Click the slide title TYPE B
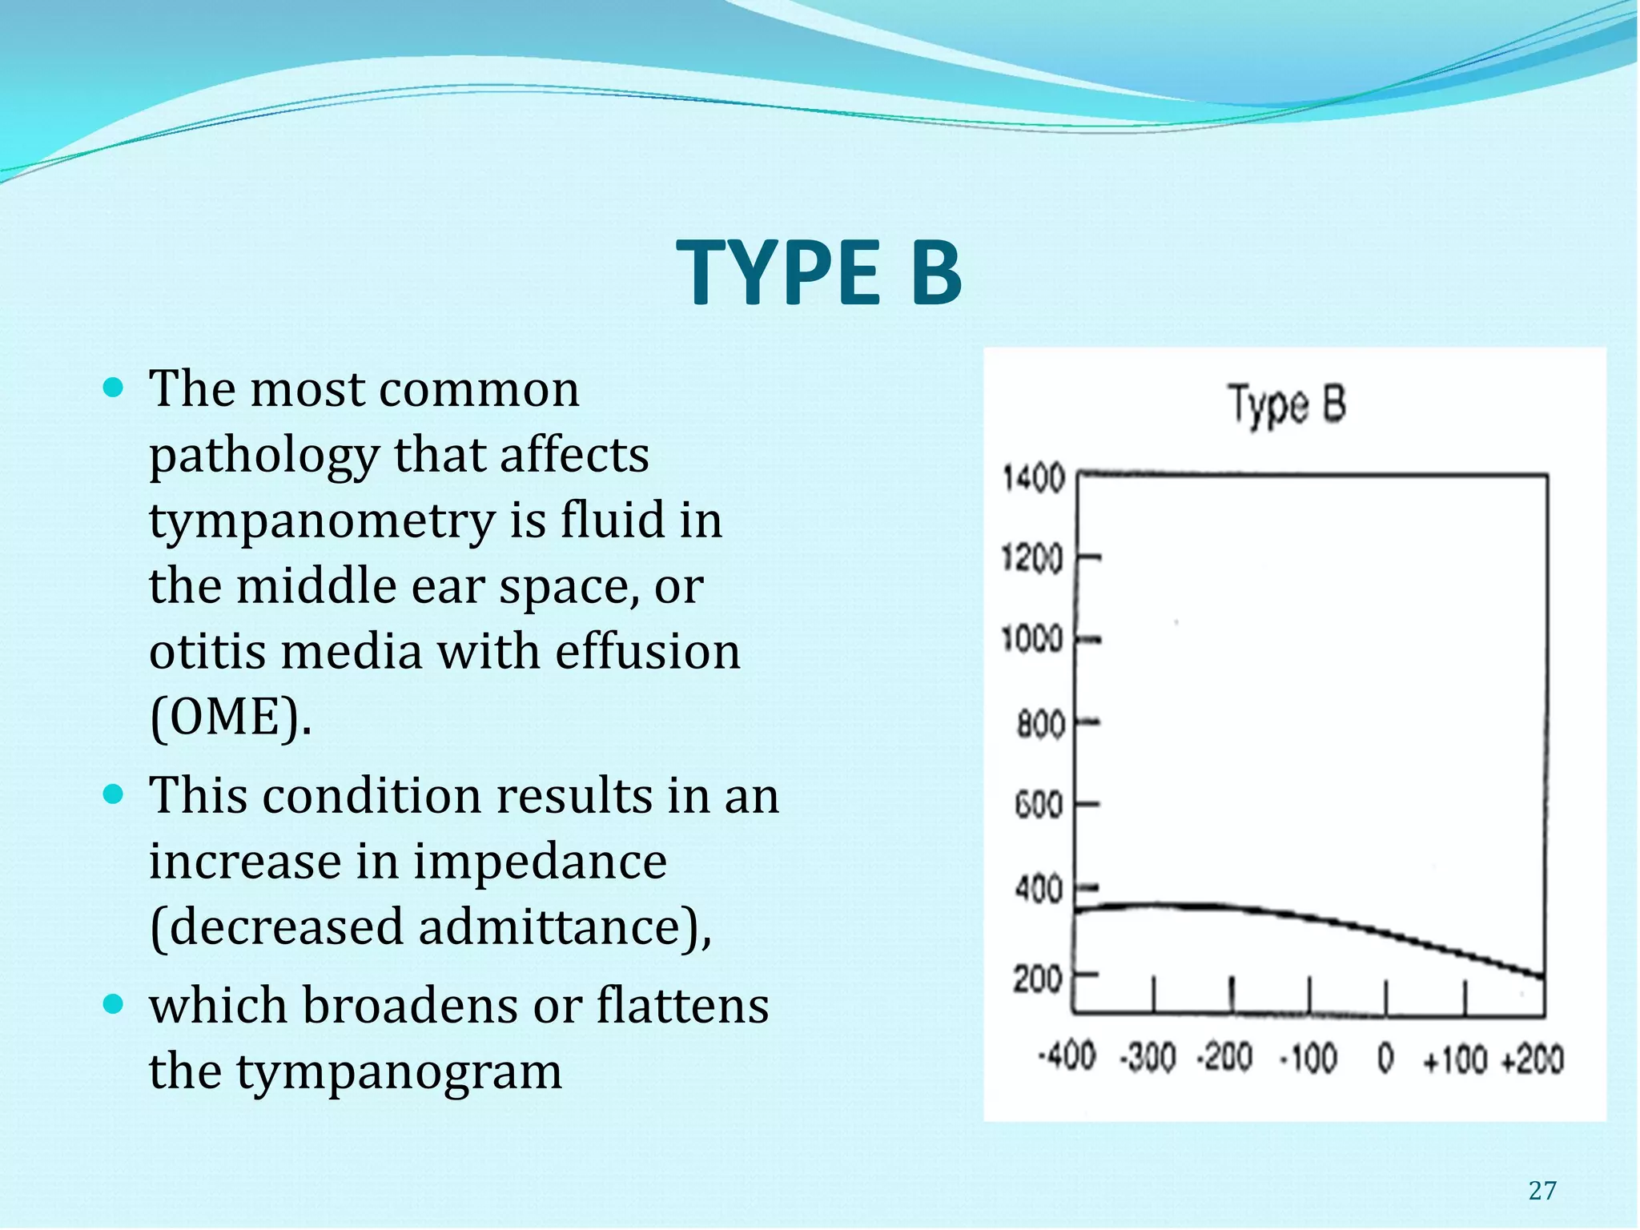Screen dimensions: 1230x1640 pos(818,273)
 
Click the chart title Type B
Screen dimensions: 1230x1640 pos(1287,405)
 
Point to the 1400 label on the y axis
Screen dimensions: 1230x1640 pos(1034,480)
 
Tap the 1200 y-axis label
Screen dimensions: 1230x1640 pos(1033,557)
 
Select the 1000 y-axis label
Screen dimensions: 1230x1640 pos(1033,640)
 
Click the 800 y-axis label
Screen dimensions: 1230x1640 pos(1040,725)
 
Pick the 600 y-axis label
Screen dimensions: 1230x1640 pos(1039,805)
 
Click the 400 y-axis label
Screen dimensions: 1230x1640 pos(1039,890)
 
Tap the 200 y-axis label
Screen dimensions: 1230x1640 pos(1038,979)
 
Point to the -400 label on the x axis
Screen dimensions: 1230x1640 pos(1067,1058)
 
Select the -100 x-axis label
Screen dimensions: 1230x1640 pos(1308,1059)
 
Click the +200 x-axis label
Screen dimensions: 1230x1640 pos(1532,1059)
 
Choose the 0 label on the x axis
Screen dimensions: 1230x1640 pos(1385,1059)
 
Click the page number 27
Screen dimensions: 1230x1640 pos(1542,1191)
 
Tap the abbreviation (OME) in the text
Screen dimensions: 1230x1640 pos(230,717)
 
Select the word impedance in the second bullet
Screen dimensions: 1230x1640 pos(540,862)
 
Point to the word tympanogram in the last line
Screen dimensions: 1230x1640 pos(399,1072)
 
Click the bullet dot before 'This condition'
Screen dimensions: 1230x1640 pos(115,795)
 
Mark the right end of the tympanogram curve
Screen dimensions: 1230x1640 pos(1542,976)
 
